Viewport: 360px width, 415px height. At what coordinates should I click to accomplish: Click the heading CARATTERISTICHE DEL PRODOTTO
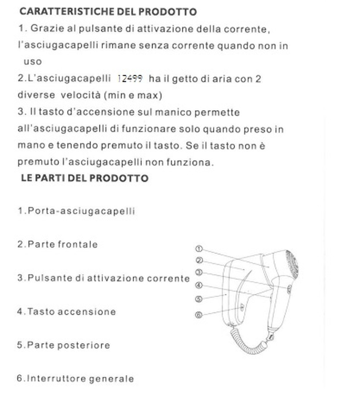108,11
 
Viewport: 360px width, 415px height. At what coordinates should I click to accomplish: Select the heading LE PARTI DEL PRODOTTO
85,178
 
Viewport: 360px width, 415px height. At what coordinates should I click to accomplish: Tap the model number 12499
130,79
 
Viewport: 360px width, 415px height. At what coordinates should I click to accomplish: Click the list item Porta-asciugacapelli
76,211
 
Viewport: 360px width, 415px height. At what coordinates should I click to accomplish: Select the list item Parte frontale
57,244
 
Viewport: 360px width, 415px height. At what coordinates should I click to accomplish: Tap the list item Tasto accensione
66,312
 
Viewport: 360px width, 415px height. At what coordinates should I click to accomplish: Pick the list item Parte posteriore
64,345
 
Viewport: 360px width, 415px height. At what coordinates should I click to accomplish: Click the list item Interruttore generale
75,379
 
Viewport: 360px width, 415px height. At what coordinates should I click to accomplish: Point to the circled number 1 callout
199,249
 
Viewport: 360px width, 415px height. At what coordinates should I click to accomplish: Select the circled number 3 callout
198,273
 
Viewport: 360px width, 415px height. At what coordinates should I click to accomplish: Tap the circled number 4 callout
198,285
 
